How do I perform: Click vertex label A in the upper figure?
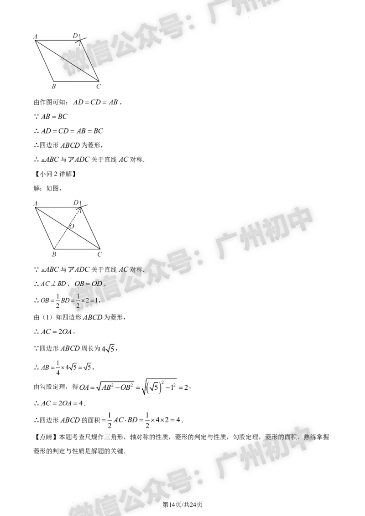[35, 37]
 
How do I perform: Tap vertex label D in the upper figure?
[75, 36]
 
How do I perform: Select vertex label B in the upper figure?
[54, 86]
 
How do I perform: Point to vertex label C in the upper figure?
[99, 86]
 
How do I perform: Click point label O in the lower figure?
[72, 227]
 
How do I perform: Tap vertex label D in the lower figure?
[76, 202]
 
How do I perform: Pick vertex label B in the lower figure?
[54, 254]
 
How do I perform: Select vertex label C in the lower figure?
[99, 254]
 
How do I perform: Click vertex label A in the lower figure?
[35, 204]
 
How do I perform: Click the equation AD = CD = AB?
[95, 102]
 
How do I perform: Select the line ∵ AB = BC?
[50, 117]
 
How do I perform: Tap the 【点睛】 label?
[46, 437]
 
